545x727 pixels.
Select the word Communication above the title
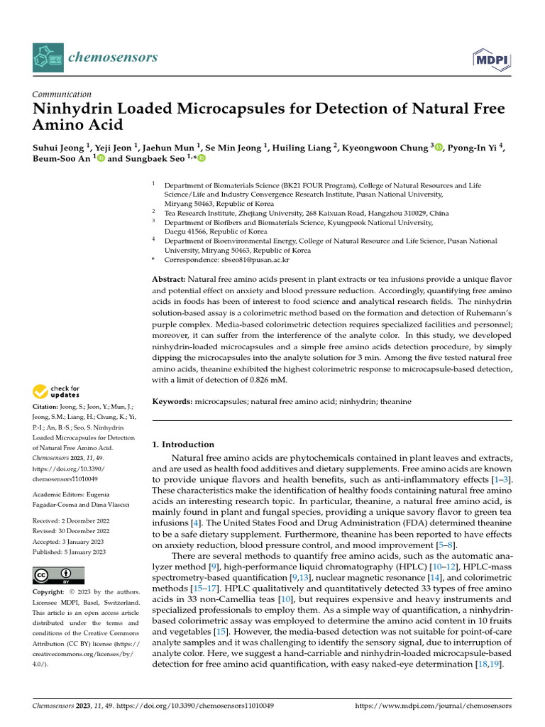point(62,94)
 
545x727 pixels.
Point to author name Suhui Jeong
point(59,148)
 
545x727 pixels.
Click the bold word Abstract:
point(169,280)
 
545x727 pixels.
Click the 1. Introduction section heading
point(184,444)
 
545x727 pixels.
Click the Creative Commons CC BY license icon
point(59,575)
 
